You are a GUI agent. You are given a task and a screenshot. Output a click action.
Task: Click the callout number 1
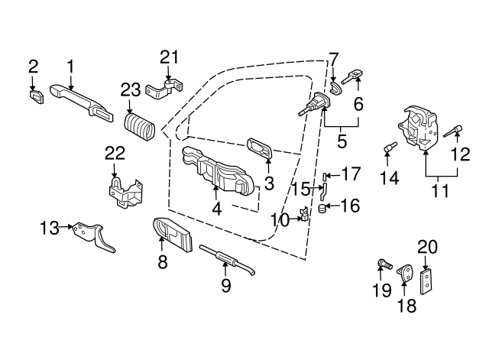(70, 67)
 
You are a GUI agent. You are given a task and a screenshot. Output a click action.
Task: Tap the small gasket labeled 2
(34, 96)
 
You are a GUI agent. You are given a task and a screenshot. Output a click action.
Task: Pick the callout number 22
(115, 154)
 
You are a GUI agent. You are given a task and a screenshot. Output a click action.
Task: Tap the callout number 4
(216, 207)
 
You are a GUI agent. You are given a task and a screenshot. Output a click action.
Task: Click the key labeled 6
(351, 76)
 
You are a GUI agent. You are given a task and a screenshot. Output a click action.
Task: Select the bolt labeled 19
(384, 265)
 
